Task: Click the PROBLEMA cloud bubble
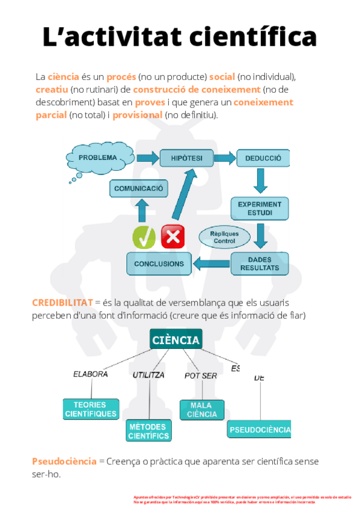(98, 158)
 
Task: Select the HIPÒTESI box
(186, 158)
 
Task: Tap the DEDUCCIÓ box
(263, 158)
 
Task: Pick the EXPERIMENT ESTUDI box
(260, 208)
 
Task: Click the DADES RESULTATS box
(260, 263)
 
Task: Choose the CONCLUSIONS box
(159, 264)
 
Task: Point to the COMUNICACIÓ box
(139, 188)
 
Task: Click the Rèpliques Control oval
(224, 237)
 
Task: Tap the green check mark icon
(144, 236)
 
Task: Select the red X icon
(173, 236)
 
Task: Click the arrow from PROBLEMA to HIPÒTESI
(145, 158)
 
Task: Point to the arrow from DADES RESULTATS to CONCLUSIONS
(211, 263)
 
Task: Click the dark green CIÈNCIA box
(175, 340)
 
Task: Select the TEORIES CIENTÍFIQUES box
(91, 409)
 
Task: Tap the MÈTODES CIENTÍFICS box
(149, 431)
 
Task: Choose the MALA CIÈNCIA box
(202, 410)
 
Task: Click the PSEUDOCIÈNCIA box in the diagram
(260, 429)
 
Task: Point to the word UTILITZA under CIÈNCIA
(148, 375)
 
